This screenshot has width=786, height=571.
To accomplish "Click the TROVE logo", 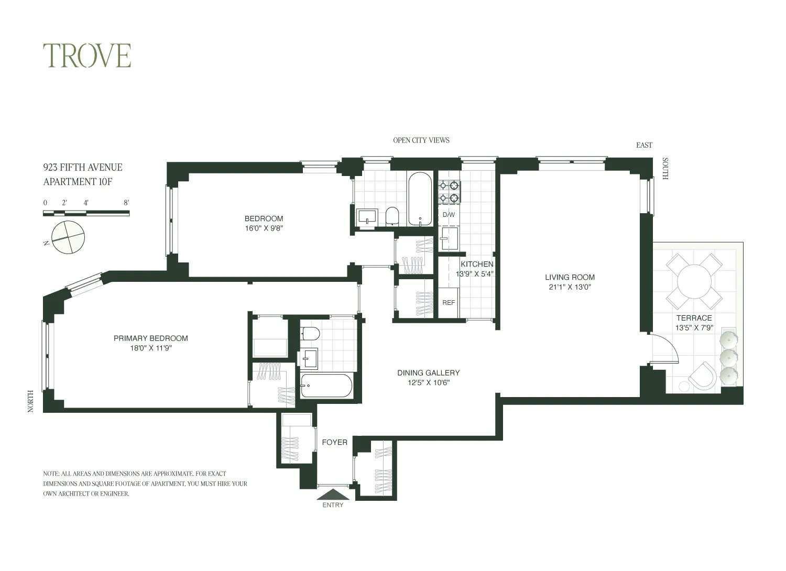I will [87, 56].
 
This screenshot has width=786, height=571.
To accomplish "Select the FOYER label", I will [334, 443].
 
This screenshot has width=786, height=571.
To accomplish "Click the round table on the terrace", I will [694, 282].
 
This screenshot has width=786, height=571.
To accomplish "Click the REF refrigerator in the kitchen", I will [449, 303].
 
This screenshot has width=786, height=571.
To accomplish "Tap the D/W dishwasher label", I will [449, 215].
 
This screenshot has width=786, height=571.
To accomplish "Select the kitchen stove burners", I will [449, 191].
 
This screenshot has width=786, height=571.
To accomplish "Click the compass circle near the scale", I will [68, 237].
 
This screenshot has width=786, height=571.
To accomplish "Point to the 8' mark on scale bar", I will [126, 203].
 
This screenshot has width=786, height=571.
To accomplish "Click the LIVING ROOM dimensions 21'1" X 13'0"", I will [570, 287].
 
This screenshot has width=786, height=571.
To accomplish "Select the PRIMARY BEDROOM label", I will [150, 338].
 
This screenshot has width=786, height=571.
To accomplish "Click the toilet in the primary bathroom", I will [311, 333].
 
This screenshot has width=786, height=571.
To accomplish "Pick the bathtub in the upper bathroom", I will [420, 199].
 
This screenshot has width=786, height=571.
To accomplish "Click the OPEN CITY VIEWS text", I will [421, 140].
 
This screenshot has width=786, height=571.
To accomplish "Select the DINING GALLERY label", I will [428, 373].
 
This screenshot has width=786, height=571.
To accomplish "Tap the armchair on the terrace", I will [702, 376].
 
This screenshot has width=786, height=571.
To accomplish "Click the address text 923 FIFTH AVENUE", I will [83, 168].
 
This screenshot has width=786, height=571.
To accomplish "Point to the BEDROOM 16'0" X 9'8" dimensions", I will [264, 228].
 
